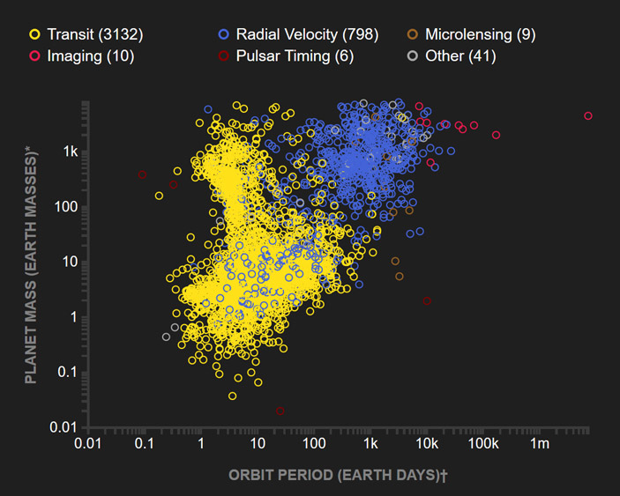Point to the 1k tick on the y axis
coord(71,152)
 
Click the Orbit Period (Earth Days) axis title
coord(338,475)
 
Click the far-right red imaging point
coord(588,116)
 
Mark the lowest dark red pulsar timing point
coord(280,411)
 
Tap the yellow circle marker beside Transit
coord(34,34)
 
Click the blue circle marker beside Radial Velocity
coord(223,34)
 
